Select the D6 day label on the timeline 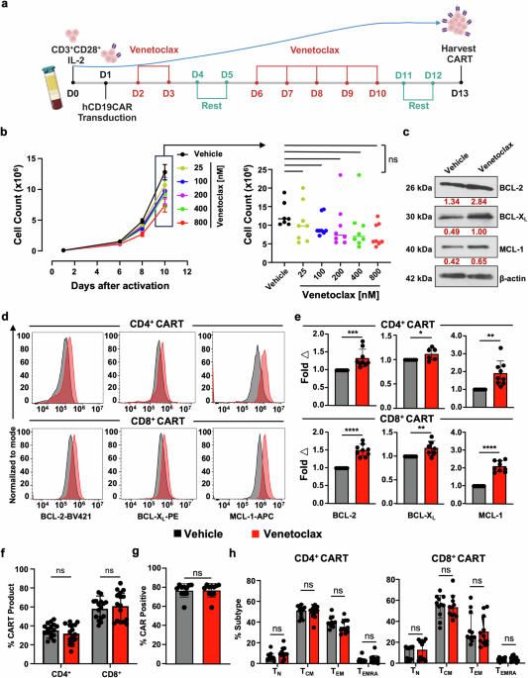point(258,92)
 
